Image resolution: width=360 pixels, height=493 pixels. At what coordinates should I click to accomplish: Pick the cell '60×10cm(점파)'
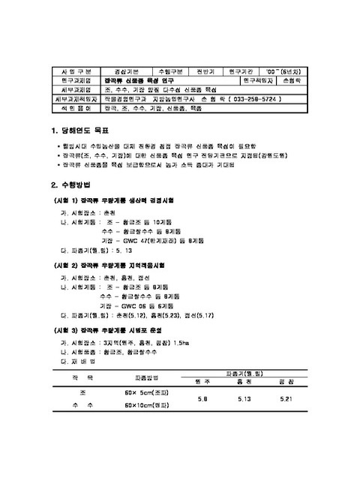146,405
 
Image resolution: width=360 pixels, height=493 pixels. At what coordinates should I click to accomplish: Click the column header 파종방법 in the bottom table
146,377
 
